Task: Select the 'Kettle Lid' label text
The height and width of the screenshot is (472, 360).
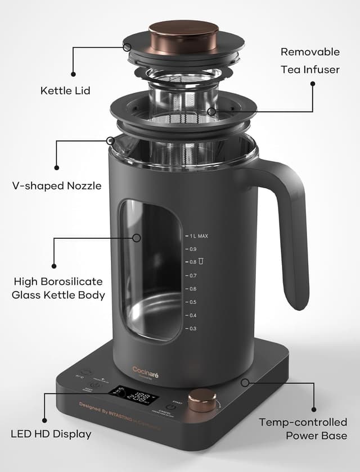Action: coord(65,90)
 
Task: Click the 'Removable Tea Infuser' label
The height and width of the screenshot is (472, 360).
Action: coord(310,61)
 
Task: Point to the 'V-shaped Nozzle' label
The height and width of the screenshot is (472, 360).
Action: coord(57,185)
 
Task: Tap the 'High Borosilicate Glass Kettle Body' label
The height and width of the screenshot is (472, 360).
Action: coord(58,288)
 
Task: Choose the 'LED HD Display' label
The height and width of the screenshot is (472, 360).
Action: coord(51,434)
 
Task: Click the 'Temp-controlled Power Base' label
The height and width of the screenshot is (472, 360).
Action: coord(303,428)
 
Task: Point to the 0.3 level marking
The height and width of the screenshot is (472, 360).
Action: coord(192,328)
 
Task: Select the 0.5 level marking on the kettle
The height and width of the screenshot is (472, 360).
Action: coord(192,302)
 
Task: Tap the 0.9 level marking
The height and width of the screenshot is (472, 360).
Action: coord(192,249)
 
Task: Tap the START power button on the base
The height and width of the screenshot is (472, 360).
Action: coord(171,407)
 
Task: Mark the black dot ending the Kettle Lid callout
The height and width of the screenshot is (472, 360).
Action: coord(73,74)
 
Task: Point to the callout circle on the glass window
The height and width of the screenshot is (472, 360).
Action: coord(136,238)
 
